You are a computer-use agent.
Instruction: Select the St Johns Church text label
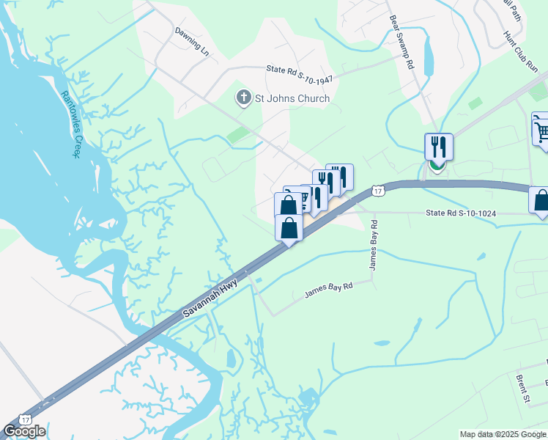pos(292,98)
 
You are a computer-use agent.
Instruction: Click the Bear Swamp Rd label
pos(403,43)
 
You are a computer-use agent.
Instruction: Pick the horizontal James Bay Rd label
pos(328,291)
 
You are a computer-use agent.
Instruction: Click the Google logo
pos(24,431)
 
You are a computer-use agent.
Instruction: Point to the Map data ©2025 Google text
pos(503,434)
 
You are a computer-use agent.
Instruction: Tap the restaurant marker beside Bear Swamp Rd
pos(438,147)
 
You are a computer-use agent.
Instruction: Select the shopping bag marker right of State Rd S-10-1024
pos(541,201)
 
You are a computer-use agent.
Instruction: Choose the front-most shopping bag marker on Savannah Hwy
pos(289,227)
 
